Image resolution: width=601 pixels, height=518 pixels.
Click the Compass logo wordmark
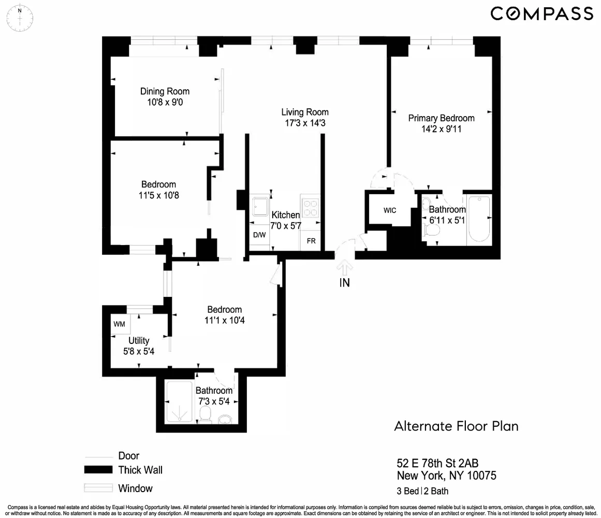(x=541, y=14)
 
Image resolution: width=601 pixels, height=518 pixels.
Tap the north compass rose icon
(x=20, y=18)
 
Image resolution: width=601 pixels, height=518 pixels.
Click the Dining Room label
(x=165, y=91)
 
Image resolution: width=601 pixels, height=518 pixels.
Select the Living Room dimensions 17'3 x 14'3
(x=305, y=123)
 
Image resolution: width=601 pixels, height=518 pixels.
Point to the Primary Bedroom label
(x=441, y=118)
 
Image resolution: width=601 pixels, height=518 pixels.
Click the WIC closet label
(x=390, y=210)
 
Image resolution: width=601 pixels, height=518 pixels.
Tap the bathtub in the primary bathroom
(x=479, y=219)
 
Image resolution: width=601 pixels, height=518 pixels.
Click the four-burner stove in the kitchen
(x=310, y=207)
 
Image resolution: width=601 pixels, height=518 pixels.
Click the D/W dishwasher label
(x=259, y=235)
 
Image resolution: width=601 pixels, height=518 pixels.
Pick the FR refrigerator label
(x=311, y=241)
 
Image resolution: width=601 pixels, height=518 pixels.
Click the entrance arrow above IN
(x=345, y=267)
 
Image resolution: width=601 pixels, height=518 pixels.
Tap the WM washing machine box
(x=120, y=324)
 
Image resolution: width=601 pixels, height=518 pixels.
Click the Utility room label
(x=139, y=340)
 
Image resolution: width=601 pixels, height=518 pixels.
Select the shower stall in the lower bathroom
(x=180, y=401)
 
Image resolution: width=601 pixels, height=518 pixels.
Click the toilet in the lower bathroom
(x=206, y=415)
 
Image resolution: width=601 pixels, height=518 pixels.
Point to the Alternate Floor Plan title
(x=456, y=426)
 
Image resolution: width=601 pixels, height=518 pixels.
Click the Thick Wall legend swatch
(x=98, y=470)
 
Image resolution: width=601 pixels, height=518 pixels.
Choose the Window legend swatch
(x=98, y=488)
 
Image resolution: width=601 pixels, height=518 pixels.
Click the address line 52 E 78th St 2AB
(x=437, y=463)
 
